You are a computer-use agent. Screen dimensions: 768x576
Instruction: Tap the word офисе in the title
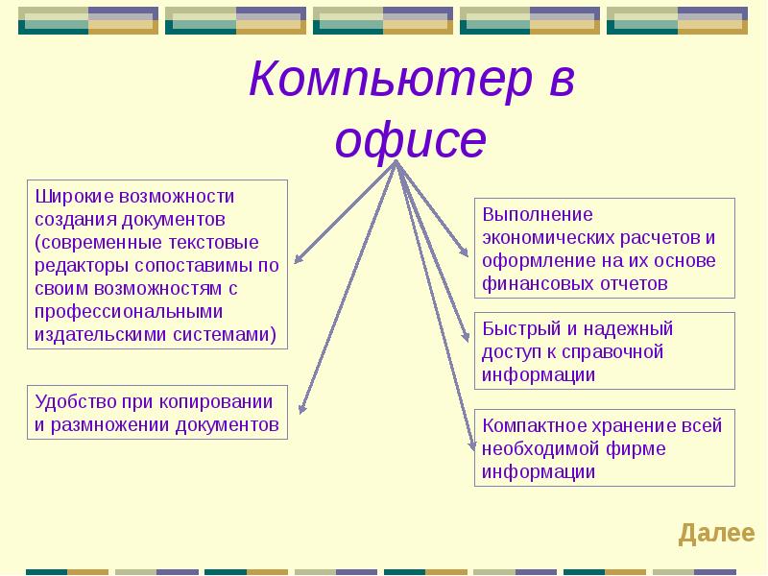(x=411, y=139)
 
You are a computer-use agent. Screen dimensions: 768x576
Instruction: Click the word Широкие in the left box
(x=75, y=197)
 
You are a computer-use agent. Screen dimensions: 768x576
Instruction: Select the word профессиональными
(x=129, y=312)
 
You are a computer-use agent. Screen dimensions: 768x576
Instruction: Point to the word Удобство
(x=76, y=402)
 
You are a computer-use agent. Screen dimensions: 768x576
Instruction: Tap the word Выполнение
(x=538, y=214)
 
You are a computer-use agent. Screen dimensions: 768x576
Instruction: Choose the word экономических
(x=548, y=237)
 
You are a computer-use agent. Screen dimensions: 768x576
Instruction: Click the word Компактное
(x=535, y=425)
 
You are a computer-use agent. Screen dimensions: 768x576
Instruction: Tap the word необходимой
(x=540, y=449)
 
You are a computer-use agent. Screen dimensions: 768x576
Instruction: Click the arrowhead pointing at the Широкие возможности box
(x=298, y=259)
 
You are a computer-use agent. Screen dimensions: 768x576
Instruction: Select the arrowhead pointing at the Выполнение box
(x=464, y=252)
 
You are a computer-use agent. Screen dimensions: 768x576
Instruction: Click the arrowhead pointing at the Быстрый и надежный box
(x=466, y=335)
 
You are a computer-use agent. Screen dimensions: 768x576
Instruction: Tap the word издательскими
(x=101, y=335)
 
